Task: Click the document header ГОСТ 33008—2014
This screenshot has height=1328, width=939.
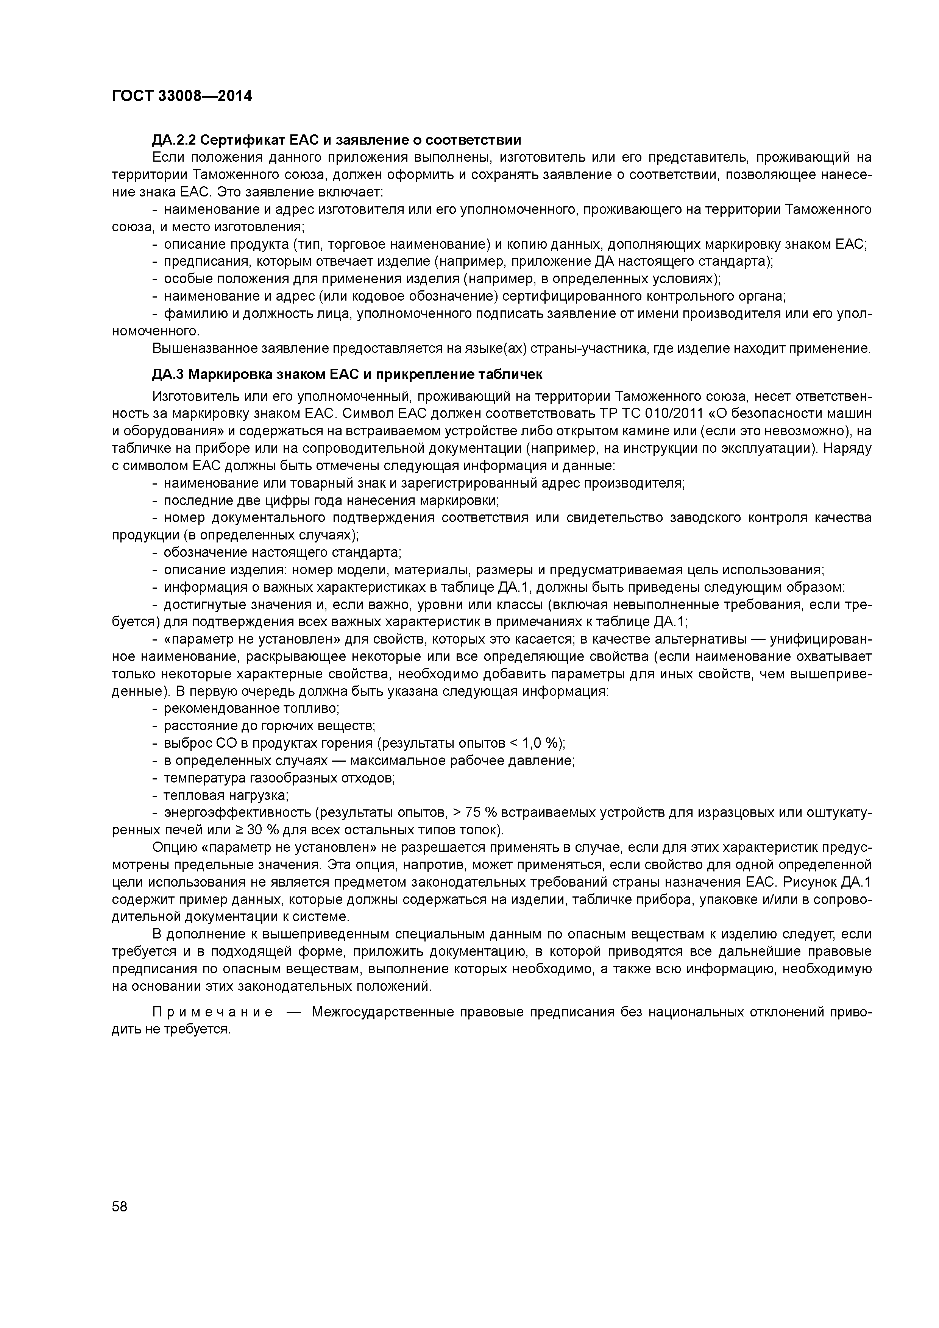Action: [182, 96]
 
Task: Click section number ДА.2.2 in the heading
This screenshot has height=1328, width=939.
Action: [175, 140]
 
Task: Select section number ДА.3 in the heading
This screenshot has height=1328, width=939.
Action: [168, 375]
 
